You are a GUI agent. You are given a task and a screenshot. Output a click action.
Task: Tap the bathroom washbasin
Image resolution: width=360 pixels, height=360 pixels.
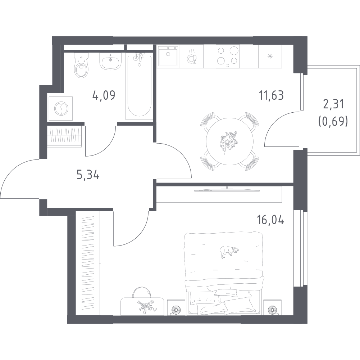pos(110,60)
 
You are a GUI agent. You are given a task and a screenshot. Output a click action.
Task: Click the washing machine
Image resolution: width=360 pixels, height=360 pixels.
pos(61,108)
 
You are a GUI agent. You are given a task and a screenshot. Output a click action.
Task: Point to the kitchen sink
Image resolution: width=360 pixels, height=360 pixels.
pos(168,56)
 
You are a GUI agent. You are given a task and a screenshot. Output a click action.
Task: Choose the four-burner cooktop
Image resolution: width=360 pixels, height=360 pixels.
pos(228,56)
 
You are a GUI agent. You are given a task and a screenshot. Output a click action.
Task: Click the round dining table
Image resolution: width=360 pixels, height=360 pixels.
pos(229,141)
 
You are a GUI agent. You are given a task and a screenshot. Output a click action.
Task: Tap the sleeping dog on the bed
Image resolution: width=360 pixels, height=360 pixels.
pos(229,252)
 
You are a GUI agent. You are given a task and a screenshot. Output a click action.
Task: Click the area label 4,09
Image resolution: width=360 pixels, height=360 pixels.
pos(104,95)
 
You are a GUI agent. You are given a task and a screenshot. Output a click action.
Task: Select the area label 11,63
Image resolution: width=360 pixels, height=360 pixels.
pos(271,95)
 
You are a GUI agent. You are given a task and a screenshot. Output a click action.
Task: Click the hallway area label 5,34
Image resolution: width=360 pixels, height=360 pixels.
pos(88,175)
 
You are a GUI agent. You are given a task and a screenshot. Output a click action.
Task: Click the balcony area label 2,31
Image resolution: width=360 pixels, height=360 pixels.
pos(333,104)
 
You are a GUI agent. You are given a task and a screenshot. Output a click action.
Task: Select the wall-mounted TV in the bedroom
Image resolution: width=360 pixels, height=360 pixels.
pos(227,190)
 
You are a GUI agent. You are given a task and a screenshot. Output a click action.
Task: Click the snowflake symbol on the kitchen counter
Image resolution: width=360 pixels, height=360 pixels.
pos(270,56)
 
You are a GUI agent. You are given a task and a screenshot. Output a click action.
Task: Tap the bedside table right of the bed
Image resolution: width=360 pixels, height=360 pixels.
pos(272,307)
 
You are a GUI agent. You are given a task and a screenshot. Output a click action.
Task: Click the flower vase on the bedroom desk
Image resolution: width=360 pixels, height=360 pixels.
pos(145,307)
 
